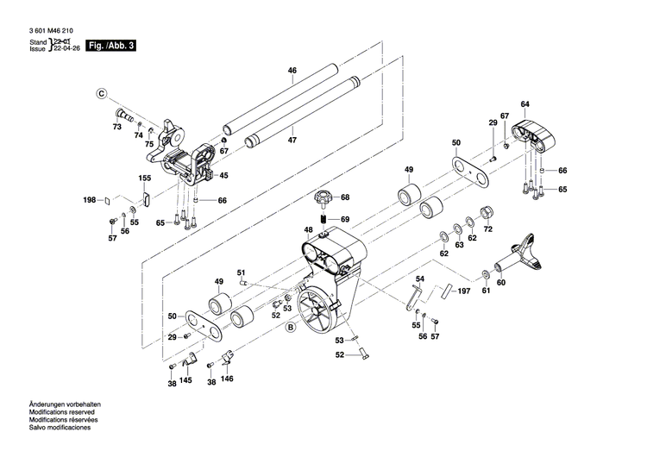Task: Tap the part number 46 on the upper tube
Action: [292, 70]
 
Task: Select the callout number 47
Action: [292, 140]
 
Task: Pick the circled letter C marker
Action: [101, 92]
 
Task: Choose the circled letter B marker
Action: [291, 328]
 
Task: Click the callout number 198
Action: [89, 200]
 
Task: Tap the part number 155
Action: [145, 178]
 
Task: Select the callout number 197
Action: [464, 292]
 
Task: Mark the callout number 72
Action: [487, 229]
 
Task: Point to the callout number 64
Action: [525, 104]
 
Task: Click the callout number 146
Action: [227, 379]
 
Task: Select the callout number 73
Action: [117, 127]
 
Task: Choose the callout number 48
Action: [308, 229]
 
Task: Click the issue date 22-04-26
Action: [68, 50]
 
